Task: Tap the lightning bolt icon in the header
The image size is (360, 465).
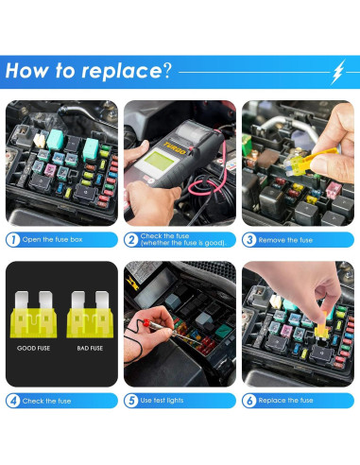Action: pos(339,71)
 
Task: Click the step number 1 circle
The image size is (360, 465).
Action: pos(12,240)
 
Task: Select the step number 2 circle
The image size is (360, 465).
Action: pos(131,240)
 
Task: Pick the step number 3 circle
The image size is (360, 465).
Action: pos(249,240)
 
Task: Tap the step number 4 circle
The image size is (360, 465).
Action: pos(12,401)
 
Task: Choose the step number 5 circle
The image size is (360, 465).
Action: pos(131,401)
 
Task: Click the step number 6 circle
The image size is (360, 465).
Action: pos(249,401)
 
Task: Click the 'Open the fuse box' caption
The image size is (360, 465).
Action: pos(53,240)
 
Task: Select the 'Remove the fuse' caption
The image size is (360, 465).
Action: pos(286,240)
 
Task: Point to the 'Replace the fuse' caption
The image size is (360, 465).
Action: pos(287,401)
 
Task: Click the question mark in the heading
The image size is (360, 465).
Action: pos(167,71)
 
